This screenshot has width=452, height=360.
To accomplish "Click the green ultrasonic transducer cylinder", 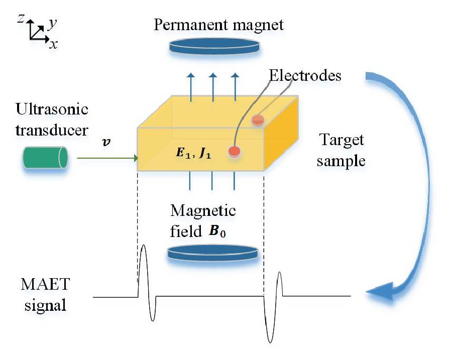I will [45, 157].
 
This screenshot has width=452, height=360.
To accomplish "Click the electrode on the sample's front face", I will [234, 151].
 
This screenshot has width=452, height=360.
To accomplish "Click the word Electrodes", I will [305, 76].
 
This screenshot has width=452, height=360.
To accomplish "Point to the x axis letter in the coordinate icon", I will [53, 45].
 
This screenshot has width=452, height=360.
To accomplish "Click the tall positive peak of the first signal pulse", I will [145, 248].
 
